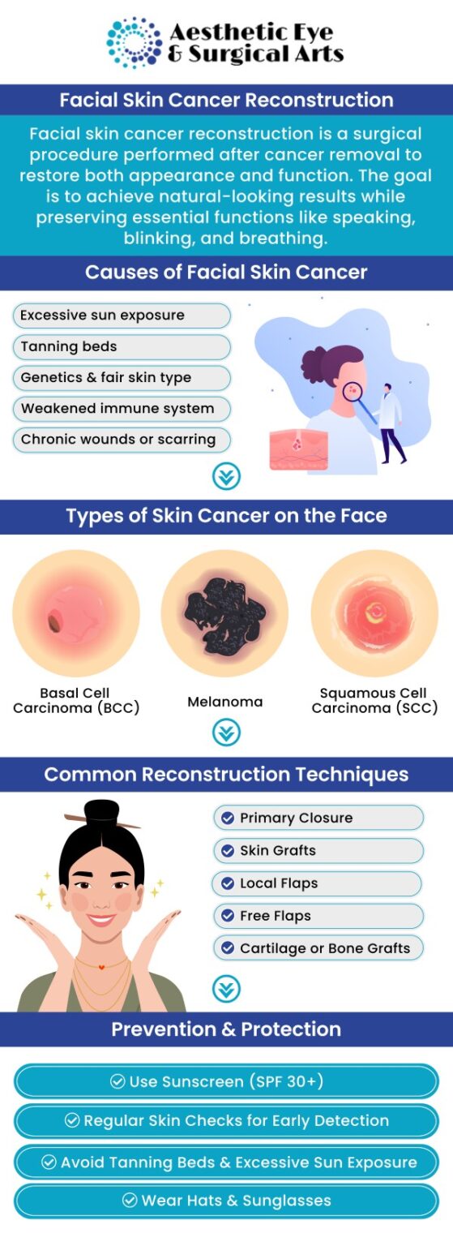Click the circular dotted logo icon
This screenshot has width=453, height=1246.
[x=135, y=41]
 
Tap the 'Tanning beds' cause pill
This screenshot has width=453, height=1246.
[x=122, y=346]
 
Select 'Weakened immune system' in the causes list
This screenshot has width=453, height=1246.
[x=122, y=409]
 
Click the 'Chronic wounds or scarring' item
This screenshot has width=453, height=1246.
[x=122, y=440]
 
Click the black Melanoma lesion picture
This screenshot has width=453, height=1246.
[x=224, y=613]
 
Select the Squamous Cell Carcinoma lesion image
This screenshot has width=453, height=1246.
[x=374, y=613]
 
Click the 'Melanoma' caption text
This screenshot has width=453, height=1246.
[x=225, y=702]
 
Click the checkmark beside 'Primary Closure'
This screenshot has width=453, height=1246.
[x=228, y=818]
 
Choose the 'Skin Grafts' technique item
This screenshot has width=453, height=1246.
[x=318, y=850]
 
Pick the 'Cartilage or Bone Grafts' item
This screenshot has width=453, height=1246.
[x=318, y=947]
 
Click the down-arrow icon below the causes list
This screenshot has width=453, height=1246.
[x=226, y=476]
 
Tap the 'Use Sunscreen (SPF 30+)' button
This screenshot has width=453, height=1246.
[x=226, y=1081]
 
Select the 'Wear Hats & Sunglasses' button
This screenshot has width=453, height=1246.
[x=226, y=1201]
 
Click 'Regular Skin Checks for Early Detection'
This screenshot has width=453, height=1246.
[x=226, y=1121]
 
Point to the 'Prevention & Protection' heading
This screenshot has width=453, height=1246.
[x=226, y=1029]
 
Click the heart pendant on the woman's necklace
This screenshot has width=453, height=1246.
[x=101, y=968]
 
